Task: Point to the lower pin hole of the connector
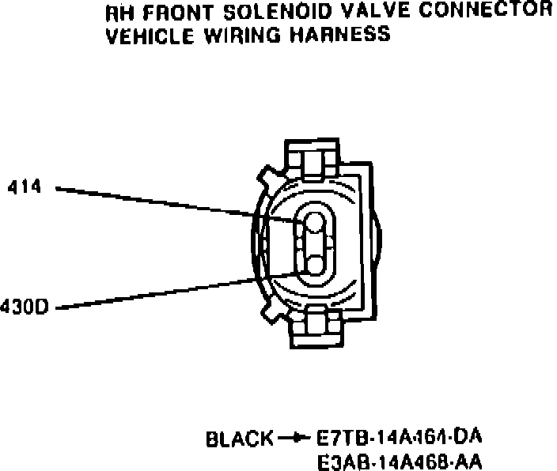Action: click(316, 264)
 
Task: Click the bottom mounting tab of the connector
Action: click(316, 326)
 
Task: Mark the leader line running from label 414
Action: click(158, 201)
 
